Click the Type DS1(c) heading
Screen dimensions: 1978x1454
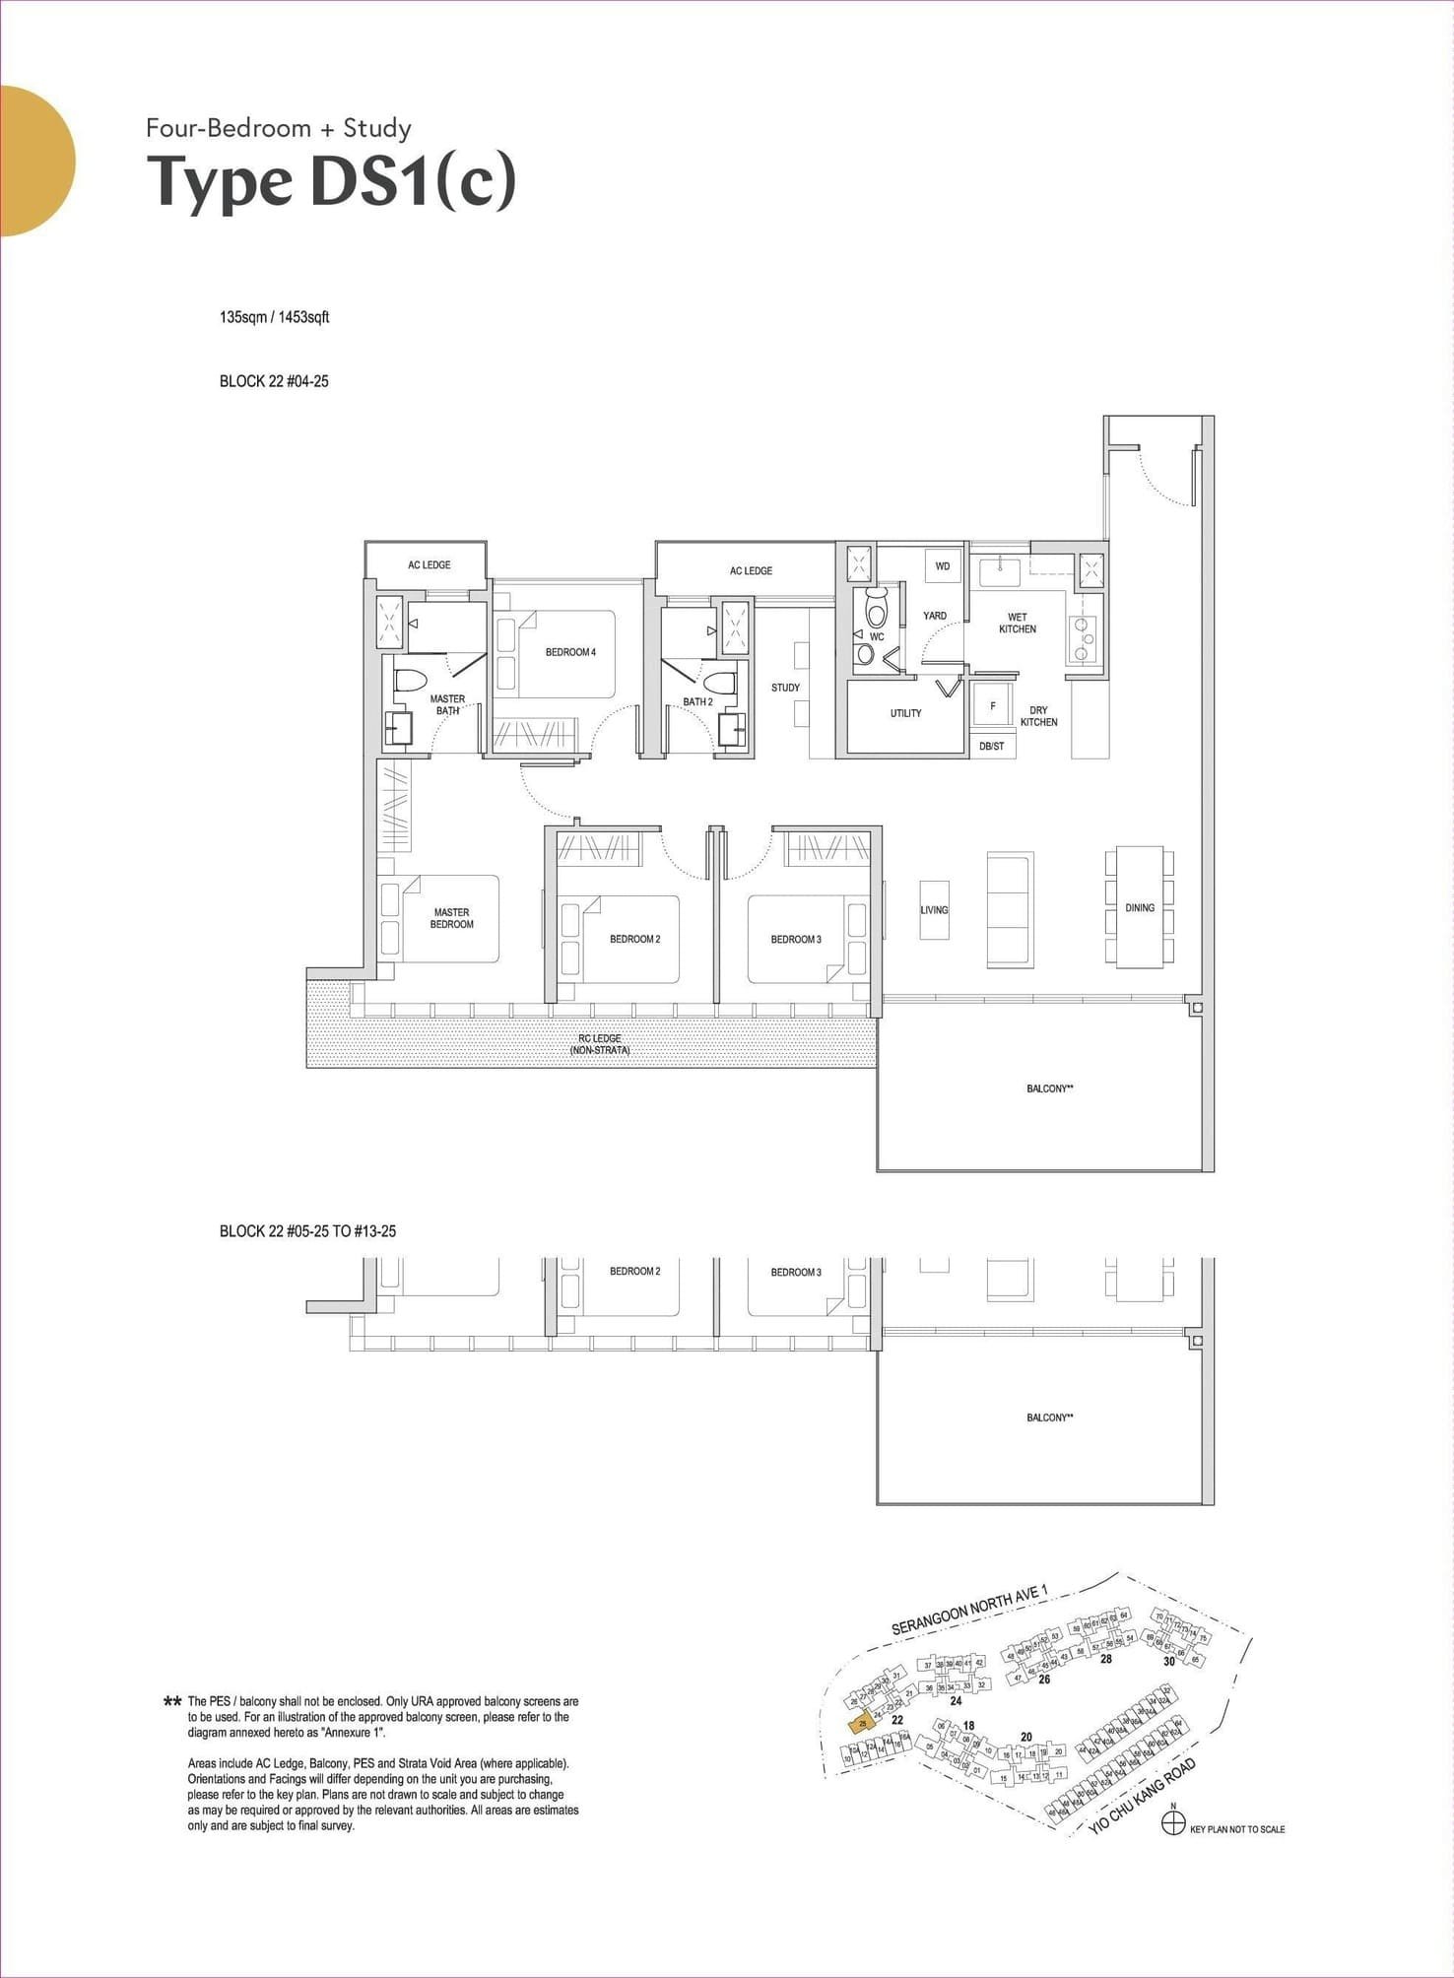(331, 181)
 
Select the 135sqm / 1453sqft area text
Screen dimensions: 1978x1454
(274, 317)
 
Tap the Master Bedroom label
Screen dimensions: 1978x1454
(452, 918)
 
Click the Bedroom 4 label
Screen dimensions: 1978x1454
(570, 652)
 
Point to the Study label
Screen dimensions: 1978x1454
(785, 688)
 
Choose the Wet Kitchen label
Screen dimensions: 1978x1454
(1017, 624)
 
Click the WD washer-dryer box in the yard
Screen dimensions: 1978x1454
(943, 566)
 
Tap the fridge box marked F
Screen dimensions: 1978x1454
(992, 706)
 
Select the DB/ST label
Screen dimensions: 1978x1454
(991, 747)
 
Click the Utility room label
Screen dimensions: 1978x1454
(905, 713)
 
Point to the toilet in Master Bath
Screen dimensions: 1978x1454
(409, 681)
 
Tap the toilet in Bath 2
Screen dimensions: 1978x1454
(719, 682)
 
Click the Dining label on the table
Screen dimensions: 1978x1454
(1140, 908)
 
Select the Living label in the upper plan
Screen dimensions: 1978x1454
(934, 910)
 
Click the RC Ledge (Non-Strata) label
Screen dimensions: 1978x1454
(600, 1044)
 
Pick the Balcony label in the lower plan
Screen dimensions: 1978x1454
(1048, 1418)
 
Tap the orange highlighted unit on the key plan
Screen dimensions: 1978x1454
(862, 1725)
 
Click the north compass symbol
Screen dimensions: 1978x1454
(1172, 1824)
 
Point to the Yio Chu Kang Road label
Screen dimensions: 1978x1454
(1143, 1797)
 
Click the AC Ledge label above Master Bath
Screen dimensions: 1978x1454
(430, 565)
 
